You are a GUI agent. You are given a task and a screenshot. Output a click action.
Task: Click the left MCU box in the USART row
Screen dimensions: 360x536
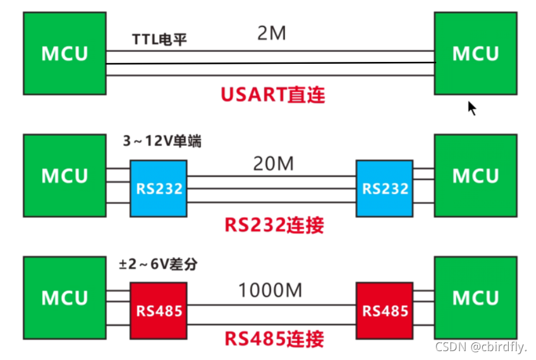point(64,53)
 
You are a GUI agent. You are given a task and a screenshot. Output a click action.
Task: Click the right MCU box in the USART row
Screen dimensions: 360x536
point(475,53)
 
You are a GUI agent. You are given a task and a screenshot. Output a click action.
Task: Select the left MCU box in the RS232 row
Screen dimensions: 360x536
point(64,175)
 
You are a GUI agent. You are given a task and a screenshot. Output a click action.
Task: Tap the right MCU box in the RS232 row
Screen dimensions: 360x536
point(475,175)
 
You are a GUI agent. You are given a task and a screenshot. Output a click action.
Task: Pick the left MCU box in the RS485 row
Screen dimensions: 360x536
point(64,297)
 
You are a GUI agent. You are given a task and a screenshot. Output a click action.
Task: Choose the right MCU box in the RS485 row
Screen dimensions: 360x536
point(475,297)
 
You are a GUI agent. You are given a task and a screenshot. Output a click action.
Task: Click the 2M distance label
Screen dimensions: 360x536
point(272,33)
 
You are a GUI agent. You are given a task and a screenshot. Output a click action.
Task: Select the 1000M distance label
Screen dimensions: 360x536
point(270,291)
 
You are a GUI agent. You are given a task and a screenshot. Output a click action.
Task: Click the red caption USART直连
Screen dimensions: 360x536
point(272,95)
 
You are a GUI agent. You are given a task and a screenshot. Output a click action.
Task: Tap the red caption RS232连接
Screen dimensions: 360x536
point(274,225)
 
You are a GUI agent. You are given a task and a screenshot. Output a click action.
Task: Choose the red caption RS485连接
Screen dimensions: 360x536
point(274,339)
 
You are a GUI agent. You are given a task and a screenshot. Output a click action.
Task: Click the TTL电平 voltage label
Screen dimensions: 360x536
point(159,39)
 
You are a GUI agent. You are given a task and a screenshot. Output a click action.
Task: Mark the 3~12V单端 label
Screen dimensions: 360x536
point(162,141)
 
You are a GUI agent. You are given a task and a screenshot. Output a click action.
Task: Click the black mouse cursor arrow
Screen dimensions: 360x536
point(472,108)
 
